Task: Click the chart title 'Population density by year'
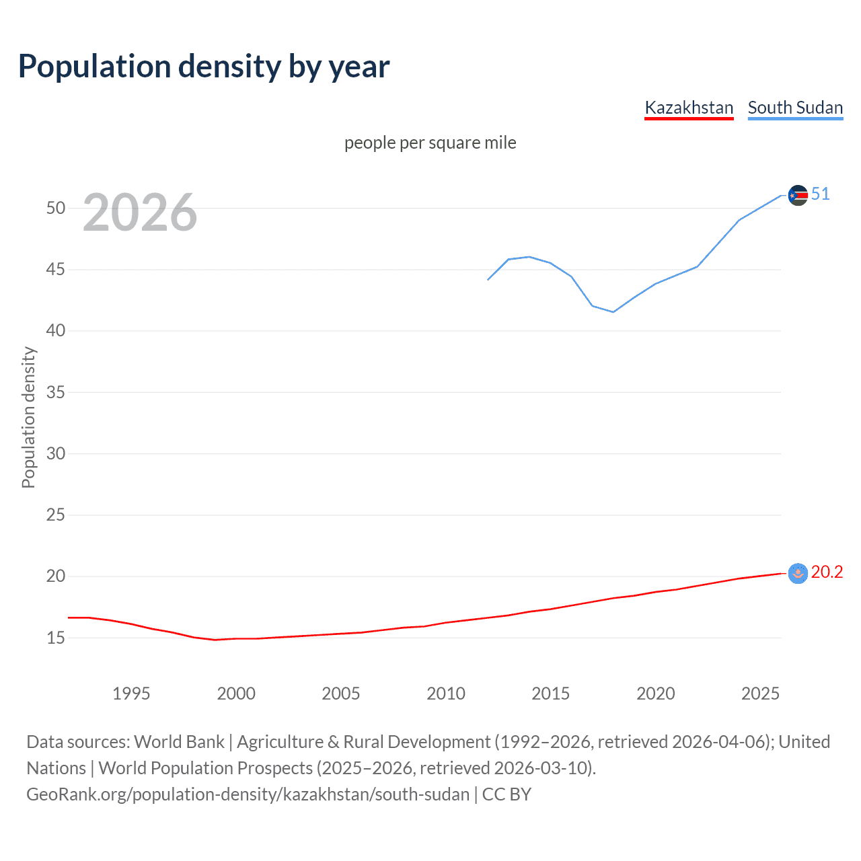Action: [x=204, y=67]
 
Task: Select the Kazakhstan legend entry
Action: [x=689, y=108]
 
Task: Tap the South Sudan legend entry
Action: [x=795, y=108]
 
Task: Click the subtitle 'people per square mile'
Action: [x=430, y=143]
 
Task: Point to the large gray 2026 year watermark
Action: [x=140, y=213]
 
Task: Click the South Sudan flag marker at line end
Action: [x=798, y=195]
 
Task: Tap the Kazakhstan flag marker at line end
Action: [x=798, y=573]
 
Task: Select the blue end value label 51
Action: [x=820, y=194]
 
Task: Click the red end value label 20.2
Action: [x=827, y=572]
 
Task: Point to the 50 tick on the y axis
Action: [x=56, y=208]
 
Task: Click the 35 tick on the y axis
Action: [x=56, y=392]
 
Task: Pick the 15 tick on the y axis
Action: [x=56, y=638]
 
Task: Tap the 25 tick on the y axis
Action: [x=56, y=515]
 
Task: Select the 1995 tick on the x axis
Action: [x=131, y=694]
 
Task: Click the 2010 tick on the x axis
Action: [x=446, y=694]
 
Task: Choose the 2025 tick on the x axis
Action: [x=760, y=694]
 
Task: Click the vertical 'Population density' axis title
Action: [x=28, y=417]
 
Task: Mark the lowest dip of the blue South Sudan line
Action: [x=613, y=311]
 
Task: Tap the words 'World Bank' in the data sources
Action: [x=179, y=742]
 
